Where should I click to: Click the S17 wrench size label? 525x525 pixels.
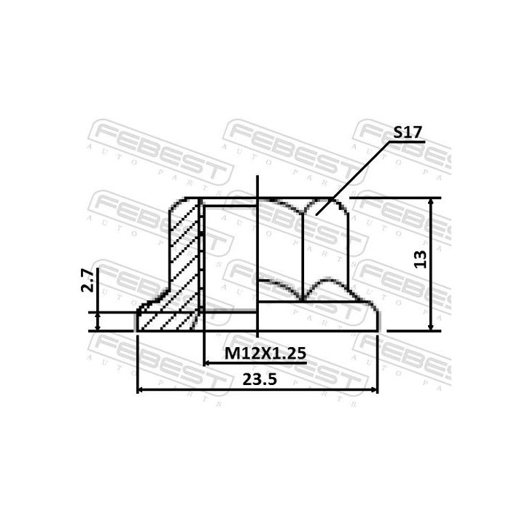[x=408, y=133]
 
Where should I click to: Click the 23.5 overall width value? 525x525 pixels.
[x=258, y=378]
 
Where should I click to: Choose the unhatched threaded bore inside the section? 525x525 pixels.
[x=229, y=262]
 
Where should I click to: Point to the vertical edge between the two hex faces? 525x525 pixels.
[x=303, y=248]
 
